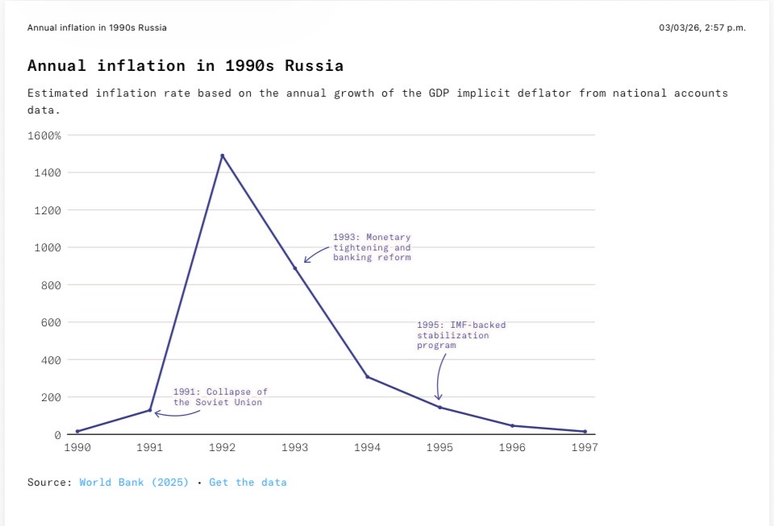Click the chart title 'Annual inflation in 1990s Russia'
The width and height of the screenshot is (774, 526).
tap(185, 66)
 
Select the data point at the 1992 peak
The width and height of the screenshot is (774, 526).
tap(223, 155)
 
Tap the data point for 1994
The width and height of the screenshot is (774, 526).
tap(368, 377)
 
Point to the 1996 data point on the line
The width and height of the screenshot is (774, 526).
tap(513, 425)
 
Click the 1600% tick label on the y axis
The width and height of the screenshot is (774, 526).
tap(44, 135)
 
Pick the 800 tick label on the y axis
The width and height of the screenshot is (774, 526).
tap(51, 285)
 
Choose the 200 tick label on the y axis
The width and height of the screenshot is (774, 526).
tap(51, 397)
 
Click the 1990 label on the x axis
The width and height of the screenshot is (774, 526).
tap(77, 447)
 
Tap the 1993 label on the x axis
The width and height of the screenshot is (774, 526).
tap(295, 447)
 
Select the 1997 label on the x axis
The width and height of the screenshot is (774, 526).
tap(585, 447)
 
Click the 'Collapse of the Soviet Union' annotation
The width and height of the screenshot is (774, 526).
tap(220, 397)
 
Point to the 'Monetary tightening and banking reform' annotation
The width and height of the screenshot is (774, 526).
tap(372, 247)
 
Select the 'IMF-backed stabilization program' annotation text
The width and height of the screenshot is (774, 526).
tap(461, 335)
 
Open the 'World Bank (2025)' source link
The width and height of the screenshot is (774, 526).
tap(134, 483)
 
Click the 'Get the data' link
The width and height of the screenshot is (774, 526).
tap(248, 483)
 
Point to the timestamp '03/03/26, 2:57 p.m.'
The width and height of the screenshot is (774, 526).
tap(702, 27)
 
